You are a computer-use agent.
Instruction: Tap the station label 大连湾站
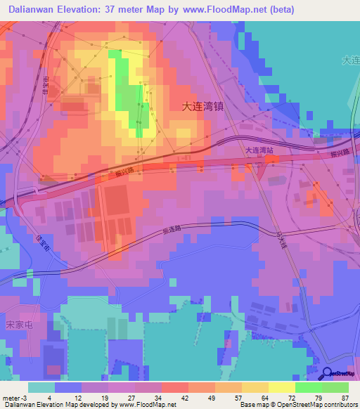259,150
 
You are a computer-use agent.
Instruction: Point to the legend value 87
344,398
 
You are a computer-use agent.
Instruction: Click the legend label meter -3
15,398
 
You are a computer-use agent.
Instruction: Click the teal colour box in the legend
41,387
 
